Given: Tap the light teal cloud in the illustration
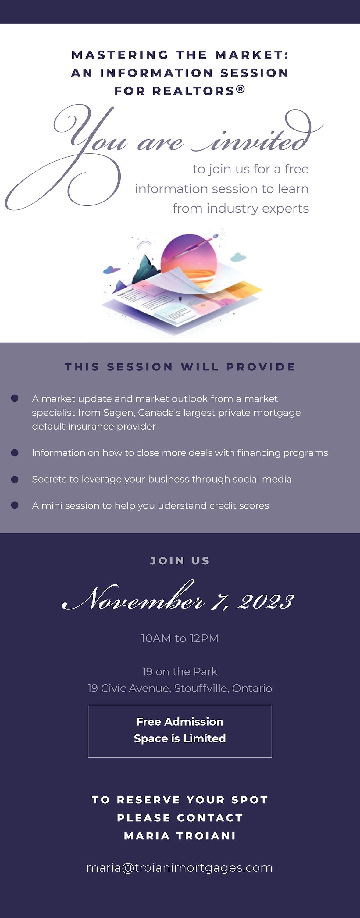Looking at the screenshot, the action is tap(238, 257).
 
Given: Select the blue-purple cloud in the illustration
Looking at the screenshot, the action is tap(112, 270).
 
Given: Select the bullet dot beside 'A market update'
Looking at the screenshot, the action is tap(15, 398).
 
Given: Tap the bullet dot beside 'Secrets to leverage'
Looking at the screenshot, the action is tap(15, 479).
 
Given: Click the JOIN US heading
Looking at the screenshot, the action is tap(180, 561).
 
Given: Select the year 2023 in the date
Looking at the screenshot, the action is tap(266, 602).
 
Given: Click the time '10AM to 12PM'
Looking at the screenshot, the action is tap(180, 638).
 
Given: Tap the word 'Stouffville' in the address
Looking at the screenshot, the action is tap(201, 688).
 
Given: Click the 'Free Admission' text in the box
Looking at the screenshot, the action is tap(180, 722).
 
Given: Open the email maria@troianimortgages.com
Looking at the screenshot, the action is tap(180, 867).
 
